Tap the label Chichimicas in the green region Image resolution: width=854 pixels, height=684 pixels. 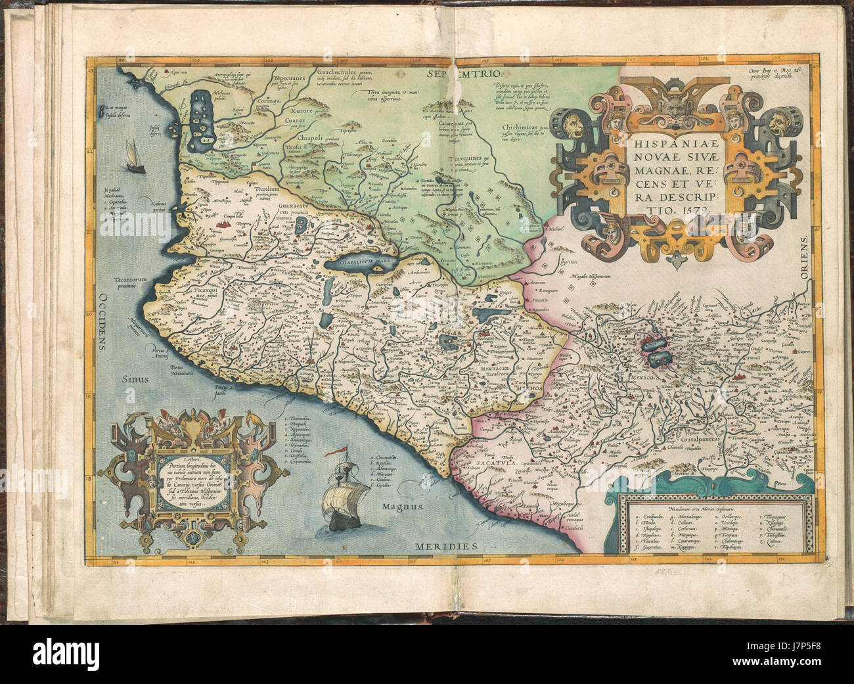point(521,129)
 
